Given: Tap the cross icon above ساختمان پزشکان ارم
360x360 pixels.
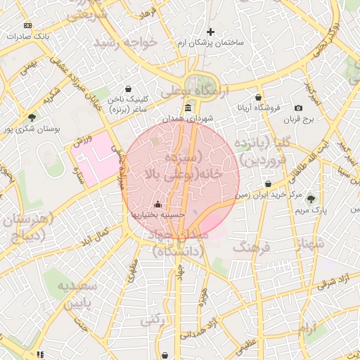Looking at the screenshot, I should point(210,32).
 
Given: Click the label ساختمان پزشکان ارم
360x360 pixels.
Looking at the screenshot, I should point(211,43).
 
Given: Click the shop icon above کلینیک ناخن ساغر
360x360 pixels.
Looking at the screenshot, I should point(127,89).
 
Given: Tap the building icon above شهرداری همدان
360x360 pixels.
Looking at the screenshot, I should point(188,107).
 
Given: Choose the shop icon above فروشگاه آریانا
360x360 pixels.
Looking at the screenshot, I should point(259,98).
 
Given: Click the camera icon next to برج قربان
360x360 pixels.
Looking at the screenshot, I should point(298,108).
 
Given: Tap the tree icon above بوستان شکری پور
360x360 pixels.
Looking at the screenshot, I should point(32,117).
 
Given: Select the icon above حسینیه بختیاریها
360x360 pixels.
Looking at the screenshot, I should point(157,204).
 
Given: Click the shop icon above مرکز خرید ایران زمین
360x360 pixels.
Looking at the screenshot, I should point(269,184).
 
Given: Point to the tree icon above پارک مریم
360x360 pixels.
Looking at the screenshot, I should point(311,200).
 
